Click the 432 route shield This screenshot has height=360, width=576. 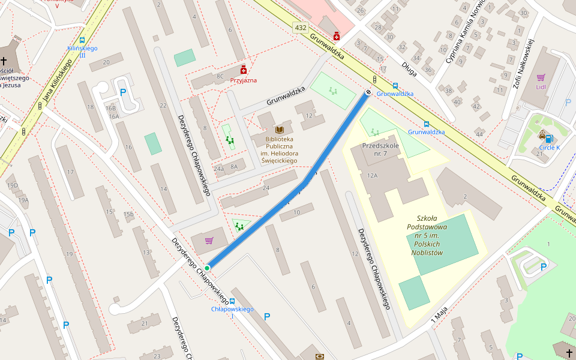tap(300, 28)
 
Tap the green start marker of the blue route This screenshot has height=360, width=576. tap(207, 268)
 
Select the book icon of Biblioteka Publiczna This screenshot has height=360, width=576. tap(279, 130)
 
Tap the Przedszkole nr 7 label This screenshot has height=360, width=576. tap(380, 150)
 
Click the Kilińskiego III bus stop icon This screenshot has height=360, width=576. tap(82, 40)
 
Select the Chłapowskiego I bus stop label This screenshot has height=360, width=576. tap(232, 309)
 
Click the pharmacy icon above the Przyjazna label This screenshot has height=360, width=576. tap(243, 70)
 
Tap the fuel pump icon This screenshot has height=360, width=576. tap(548, 241)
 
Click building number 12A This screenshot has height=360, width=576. tap(371, 175)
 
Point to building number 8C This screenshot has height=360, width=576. tap(220, 76)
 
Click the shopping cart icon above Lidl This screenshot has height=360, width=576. tap(541, 77)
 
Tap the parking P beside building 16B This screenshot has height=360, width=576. tap(123, 92)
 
